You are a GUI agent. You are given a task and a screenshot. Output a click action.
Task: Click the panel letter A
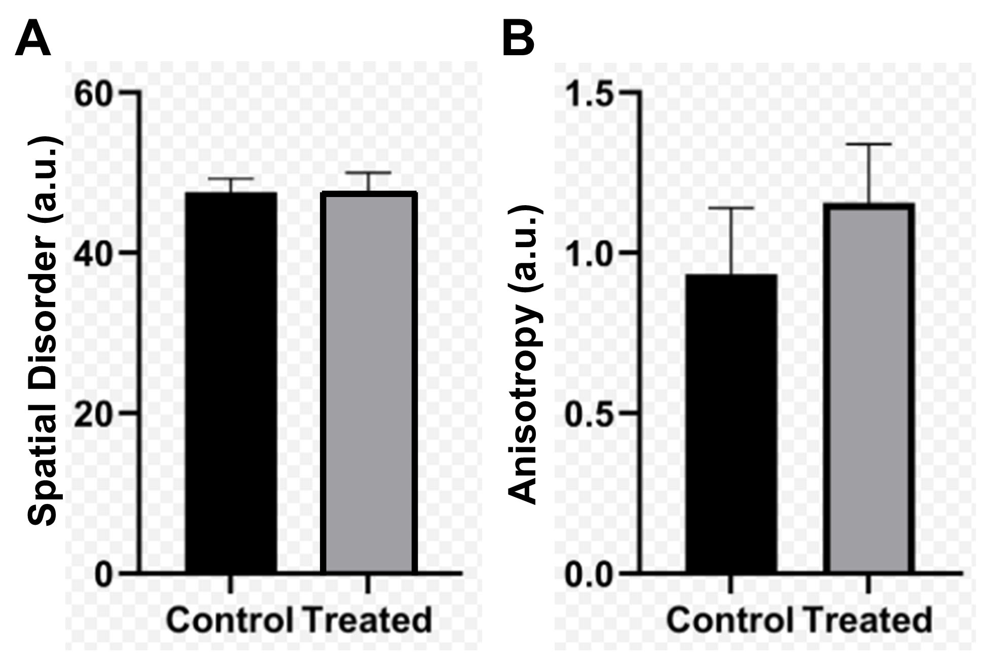33,40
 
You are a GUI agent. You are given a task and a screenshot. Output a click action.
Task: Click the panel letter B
518,40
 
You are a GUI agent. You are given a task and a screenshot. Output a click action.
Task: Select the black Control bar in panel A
231,382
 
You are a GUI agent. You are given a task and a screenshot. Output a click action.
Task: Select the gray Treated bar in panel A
369,382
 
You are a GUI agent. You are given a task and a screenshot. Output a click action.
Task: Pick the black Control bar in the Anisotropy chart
731,423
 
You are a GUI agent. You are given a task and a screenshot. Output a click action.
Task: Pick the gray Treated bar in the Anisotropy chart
868,387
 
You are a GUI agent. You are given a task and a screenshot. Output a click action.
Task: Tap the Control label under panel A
230,619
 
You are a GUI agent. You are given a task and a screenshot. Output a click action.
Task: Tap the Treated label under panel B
868,619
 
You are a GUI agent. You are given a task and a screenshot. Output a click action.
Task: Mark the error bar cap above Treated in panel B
868,144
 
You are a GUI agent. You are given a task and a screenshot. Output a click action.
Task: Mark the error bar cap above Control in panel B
731,208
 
